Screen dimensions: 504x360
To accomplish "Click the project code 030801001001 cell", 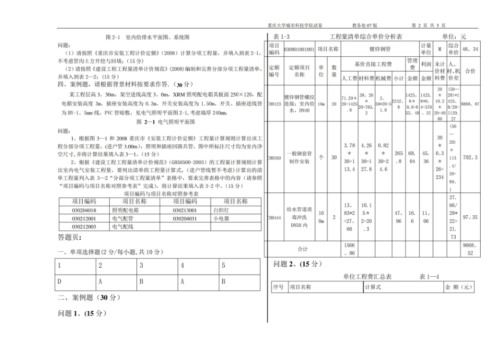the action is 299,49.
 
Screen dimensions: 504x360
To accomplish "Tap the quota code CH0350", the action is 274,157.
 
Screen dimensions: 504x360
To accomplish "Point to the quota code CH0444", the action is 274,217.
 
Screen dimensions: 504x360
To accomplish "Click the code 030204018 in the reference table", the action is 84,210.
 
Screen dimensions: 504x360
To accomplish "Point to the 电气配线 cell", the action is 123,226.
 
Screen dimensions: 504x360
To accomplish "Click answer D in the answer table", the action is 60,282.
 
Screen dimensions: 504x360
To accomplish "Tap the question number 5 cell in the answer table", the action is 223,265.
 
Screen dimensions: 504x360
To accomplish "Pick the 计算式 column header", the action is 373,287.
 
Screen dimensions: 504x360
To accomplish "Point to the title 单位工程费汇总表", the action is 368,276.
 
